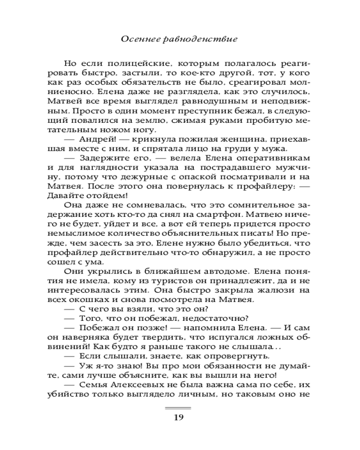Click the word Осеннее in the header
click(x=138, y=39)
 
